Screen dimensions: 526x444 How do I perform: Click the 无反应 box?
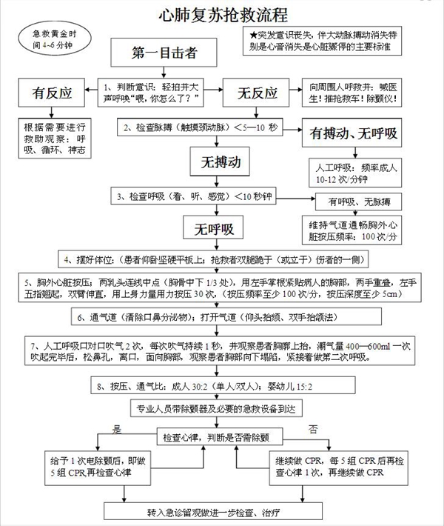pos(257,94)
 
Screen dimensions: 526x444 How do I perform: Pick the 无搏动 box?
pos(215,161)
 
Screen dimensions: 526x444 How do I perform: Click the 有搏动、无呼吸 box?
pos(354,133)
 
